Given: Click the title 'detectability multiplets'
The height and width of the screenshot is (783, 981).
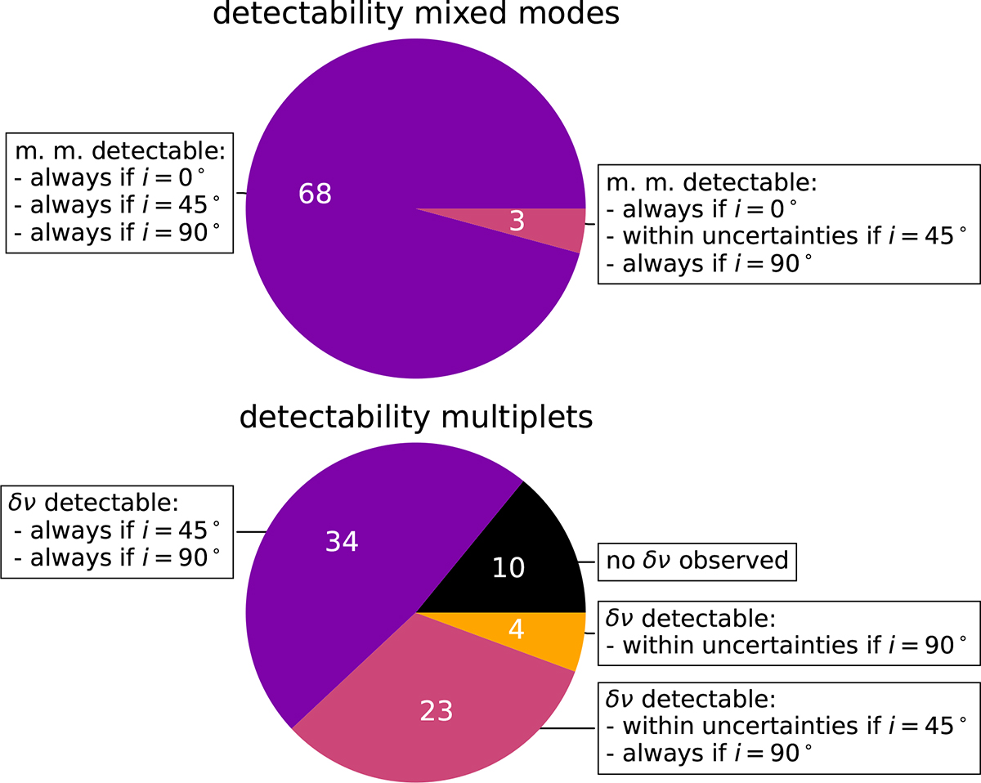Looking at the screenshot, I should tap(415, 418).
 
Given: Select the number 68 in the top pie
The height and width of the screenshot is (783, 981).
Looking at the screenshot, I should tap(315, 195).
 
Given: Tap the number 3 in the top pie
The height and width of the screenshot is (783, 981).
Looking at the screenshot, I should tap(517, 221).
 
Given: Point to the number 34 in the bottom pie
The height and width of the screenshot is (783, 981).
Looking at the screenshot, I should tap(342, 542).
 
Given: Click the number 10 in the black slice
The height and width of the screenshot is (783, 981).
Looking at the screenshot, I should tap(508, 567).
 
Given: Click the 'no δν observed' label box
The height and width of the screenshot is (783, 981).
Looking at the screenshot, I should tap(697, 562).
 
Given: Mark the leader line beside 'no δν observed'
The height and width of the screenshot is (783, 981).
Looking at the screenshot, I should tap(591, 562).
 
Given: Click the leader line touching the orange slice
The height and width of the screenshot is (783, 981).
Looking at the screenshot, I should tap(592, 633).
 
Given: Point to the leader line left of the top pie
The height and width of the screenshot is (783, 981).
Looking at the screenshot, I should tap(241, 194).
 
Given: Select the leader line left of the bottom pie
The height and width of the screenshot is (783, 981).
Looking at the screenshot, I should tap(253, 532).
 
